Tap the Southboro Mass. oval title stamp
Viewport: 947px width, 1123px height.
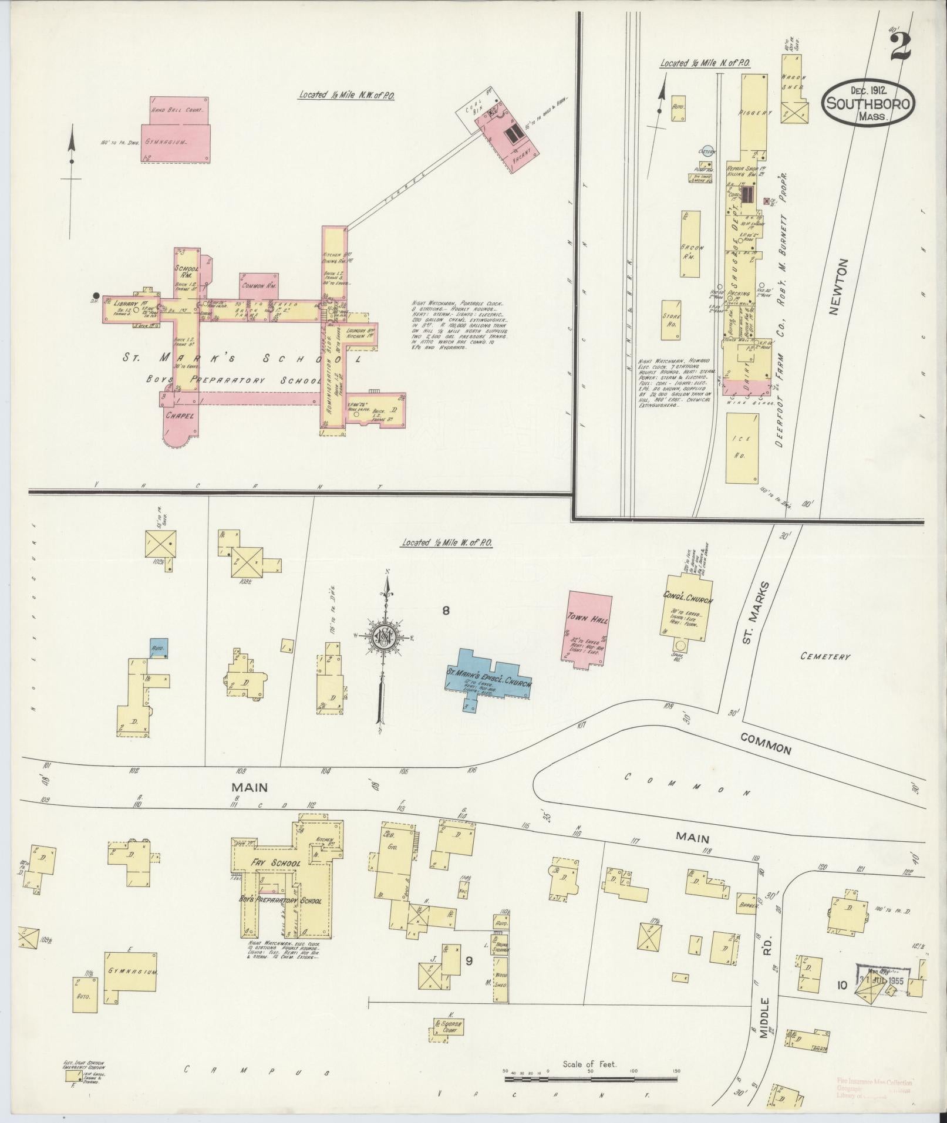coord(868,102)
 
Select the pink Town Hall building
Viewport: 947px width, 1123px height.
coord(589,628)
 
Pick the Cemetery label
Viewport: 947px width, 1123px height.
coord(824,656)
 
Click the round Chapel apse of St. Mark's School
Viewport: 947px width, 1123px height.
coord(178,432)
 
